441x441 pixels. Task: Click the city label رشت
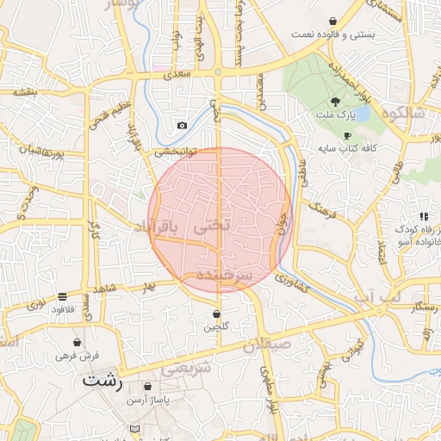(x=102, y=379)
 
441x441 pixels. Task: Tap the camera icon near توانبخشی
(x=182, y=126)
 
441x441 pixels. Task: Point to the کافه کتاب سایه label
(x=347, y=149)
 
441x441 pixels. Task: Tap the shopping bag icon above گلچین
(x=216, y=314)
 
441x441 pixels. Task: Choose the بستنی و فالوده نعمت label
(x=333, y=34)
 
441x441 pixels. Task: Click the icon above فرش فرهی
(x=78, y=342)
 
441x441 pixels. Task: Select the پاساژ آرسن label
(x=150, y=401)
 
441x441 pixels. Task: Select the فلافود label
(x=64, y=307)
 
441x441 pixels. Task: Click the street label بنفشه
(x=24, y=92)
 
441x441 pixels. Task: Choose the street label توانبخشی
(x=176, y=152)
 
